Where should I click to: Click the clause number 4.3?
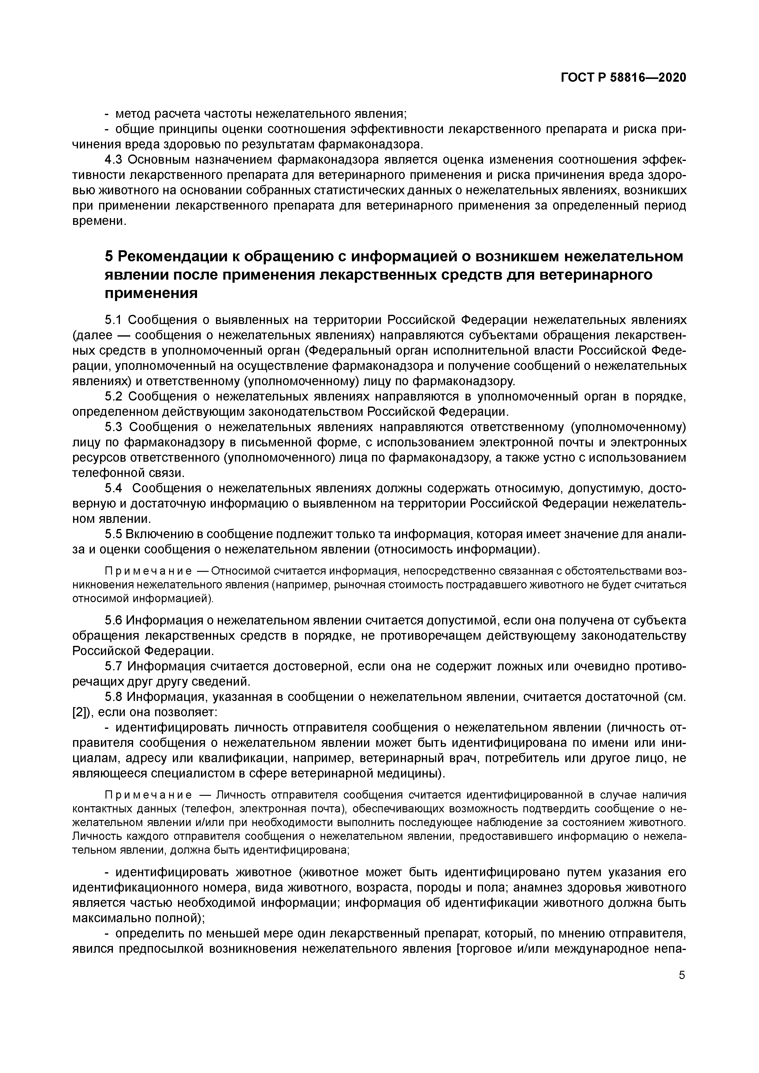pos(113,160)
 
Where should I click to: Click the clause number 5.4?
pos(113,488)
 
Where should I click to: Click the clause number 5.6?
pos(113,620)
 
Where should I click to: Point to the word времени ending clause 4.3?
pos(99,221)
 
